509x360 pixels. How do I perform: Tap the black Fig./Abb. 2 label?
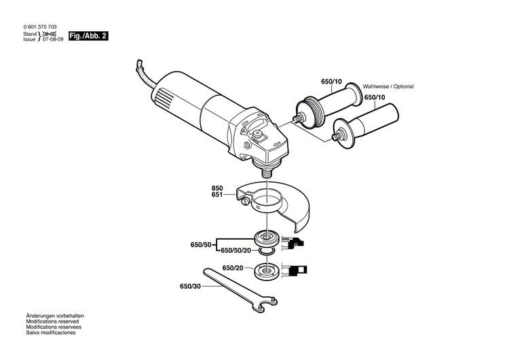pyautogui.click(x=88, y=36)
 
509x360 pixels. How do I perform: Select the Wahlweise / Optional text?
pyautogui.click(x=388, y=86)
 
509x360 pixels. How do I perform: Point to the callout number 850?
pyautogui.click(x=217, y=187)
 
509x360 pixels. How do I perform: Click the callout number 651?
pyautogui.click(x=217, y=195)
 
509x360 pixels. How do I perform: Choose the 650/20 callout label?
pyautogui.click(x=231, y=268)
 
